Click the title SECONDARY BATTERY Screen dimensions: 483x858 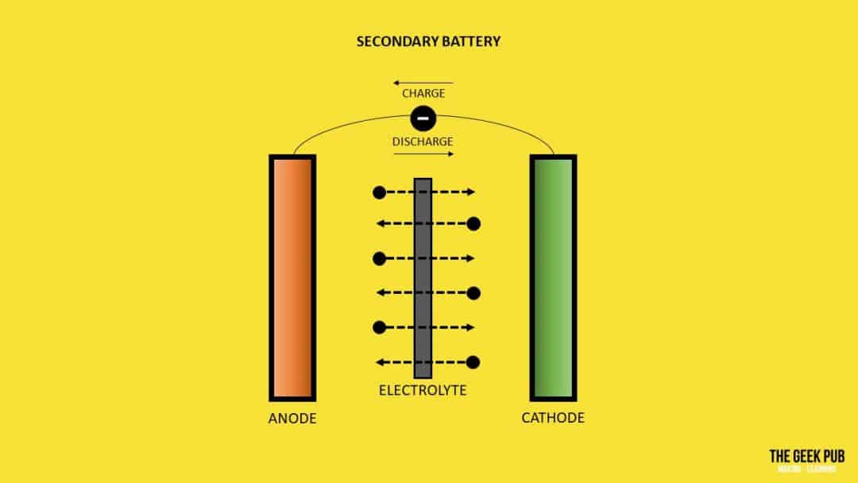[429, 41]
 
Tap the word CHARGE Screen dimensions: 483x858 [423, 94]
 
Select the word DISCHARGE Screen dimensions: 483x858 [423, 142]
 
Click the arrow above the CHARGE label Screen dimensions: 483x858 [423, 83]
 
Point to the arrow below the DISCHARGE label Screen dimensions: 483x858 [423, 154]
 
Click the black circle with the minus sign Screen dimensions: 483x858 [423, 119]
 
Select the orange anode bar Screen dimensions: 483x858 [292, 277]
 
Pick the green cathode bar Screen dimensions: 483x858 [553, 277]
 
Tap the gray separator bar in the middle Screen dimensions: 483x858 [423, 278]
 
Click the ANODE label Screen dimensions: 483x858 [292, 418]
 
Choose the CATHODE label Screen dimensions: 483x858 [553, 418]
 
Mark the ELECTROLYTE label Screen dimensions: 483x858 [423, 391]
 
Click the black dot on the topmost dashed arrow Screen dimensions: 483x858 [379, 192]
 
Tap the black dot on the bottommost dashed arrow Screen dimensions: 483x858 [473, 362]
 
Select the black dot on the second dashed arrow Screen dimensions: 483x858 [473, 224]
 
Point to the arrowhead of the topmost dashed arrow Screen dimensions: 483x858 [471, 192]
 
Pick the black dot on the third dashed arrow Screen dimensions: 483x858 [379, 258]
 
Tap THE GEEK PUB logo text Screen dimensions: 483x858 [806, 456]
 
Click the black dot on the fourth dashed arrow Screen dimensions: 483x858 [473, 293]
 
